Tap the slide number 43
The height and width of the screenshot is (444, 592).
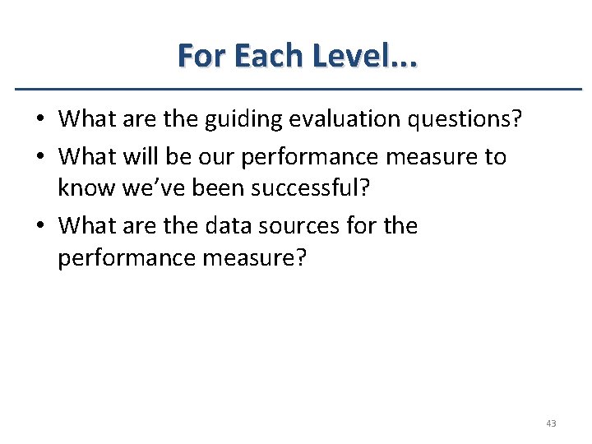(x=550, y=423)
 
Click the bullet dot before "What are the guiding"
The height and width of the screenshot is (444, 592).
(x=39, y=120)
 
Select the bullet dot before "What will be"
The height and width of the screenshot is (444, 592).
(x=39, y=156)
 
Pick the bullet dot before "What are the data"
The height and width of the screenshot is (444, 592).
(x=39, y=225)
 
